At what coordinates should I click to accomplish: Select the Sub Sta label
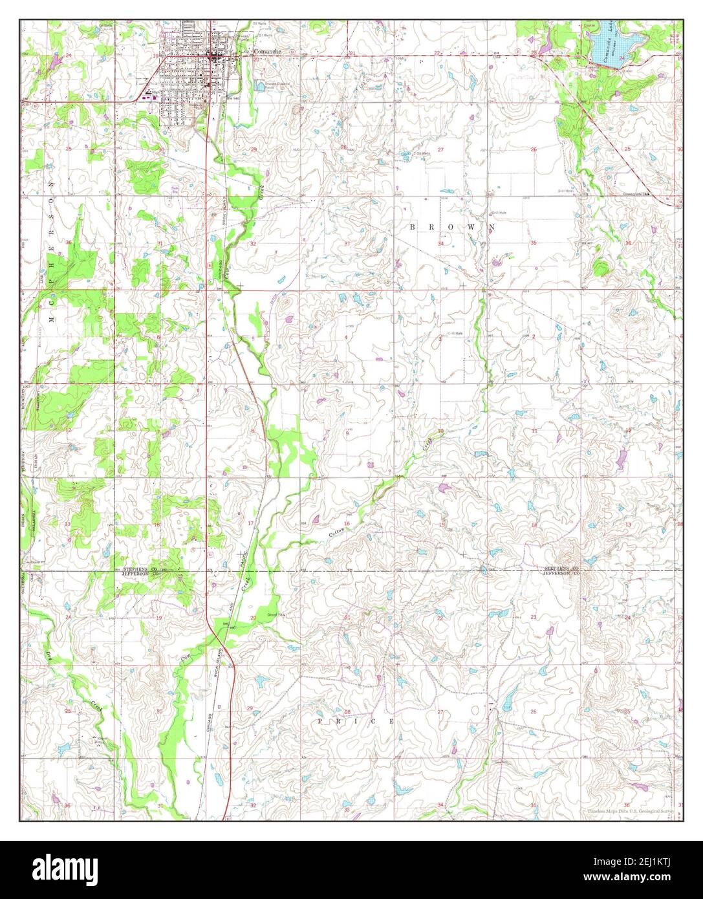tap(175, 190)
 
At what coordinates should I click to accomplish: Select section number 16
tap(347, 523)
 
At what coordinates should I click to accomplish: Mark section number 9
tap(347, 433)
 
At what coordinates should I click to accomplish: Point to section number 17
tap(250, 523)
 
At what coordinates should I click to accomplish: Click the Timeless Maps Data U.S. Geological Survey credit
tap(630, 810)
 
